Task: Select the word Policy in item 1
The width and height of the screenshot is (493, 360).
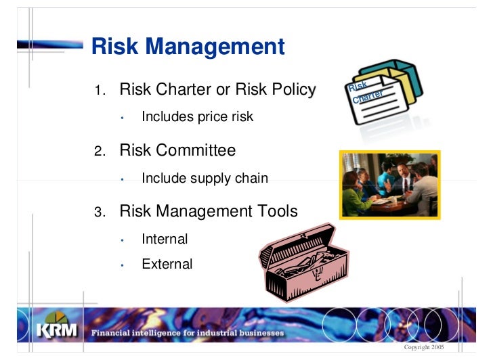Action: [x=291, y=89]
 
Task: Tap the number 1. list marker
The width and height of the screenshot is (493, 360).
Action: [x=100, y=91]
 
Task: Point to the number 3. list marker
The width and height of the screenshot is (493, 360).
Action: [x=100, y=212]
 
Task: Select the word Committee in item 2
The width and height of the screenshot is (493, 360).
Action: [x=196, y=150]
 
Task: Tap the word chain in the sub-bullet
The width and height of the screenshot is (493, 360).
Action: [x=251, y=179]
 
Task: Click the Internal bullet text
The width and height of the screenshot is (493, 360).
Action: [x=165, y=239]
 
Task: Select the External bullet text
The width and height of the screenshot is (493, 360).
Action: [x=167, y=265]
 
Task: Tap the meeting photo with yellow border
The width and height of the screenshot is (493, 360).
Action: [x=389, y=184]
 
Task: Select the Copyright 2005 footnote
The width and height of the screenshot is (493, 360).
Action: [x=423, y=346]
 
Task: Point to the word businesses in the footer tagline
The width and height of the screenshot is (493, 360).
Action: [x=260, y=333]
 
